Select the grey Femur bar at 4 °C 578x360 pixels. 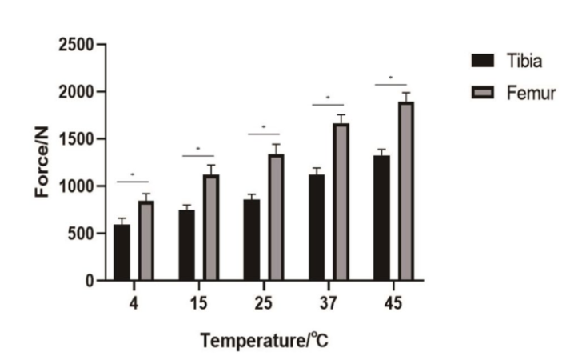pyautogui.click(x=145, y=241)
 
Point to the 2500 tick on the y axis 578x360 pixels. pyautogui.click(x=76, y=45)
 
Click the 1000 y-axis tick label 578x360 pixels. pyautogui.click(x=76, y=186)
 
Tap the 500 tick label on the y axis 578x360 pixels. pyautogui.click(x=80, y=234)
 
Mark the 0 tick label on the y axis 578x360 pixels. pyautogui.click(x=88, y=281)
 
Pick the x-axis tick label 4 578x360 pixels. pyautogui.click(x=134, y=304)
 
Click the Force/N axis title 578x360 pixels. pyautogui.click(x=42, y=163)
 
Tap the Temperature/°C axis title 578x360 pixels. pyautogui.click(x=264, y=339)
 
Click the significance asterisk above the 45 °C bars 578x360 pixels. pyautogui.click(x=391, y=78)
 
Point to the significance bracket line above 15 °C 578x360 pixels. pyautogui.click(x=198, y=156)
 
